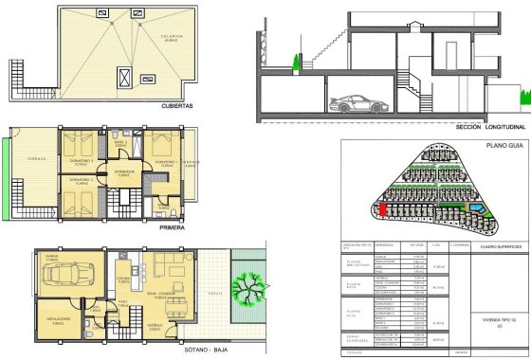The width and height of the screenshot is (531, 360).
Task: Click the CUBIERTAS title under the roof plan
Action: point(177,107)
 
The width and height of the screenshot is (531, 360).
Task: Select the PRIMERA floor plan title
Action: point(172,228)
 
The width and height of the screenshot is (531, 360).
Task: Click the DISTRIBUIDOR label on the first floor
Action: point(124,171)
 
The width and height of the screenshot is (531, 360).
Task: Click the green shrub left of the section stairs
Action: point(298,63)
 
